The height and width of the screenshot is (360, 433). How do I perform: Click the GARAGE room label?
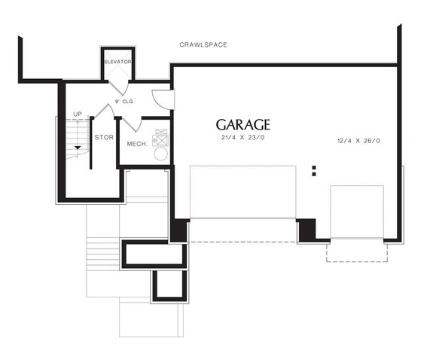click(x=242, y=124)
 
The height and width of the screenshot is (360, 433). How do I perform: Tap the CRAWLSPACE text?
click(x=203, y=45)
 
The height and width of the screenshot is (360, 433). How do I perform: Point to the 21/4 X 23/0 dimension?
click(x=242, y=139)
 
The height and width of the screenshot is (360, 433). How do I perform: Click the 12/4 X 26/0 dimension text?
click(x=359, y=141)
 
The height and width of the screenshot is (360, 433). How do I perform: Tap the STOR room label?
click(x=103, y=138)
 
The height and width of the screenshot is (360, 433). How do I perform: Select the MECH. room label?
click(x=136, y=144)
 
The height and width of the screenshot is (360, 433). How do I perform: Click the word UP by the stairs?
click(x=78, y=114)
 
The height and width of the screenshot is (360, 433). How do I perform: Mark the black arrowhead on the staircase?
click(x=77, y=148)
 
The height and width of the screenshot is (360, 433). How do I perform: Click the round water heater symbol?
click(x=160, y=154)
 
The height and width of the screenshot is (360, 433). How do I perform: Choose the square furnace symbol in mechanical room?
click(x=160, y=138)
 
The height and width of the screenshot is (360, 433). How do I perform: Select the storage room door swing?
click(x=105, y=111)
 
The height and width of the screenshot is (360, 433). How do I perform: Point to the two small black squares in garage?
click(x=314, y=171)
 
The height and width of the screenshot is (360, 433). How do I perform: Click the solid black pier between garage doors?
click(x=306, y=230)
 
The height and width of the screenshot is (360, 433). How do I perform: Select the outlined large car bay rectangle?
click(x=243, y=192)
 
